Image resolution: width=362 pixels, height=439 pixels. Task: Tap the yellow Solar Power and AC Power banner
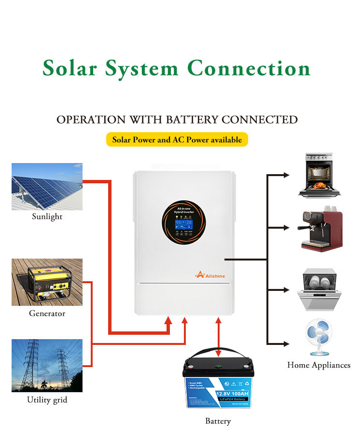pyautogui.click(x=177, y=140)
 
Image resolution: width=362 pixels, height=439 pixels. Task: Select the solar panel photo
pyautogui.click(x=47, y=186)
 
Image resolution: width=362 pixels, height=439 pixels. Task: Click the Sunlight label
pyautogui.click(x=47, y=217)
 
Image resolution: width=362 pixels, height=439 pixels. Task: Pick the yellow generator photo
pyautogui.click(x=47, y=282)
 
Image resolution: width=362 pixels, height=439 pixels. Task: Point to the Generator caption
pyautogui.click(x=47, y=314)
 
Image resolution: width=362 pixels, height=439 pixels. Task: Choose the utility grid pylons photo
pyautogui.click(x=47, y=365)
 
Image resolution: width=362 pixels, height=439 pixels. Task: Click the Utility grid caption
pyautogui.click(x=47, y=400)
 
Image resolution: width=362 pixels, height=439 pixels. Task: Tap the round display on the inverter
pyautogui.click(x=181, y=221)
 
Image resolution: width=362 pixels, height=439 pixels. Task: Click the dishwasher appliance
pyautogui.click(x=319, y=289)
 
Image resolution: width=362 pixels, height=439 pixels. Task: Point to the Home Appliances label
pyautogui.click(x=319, y=365)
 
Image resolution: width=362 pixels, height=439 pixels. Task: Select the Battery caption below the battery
pyautogui.click(x=218, y=421)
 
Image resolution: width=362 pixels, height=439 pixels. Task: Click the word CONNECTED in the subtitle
pyautogui.click(x=259, y=120)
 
